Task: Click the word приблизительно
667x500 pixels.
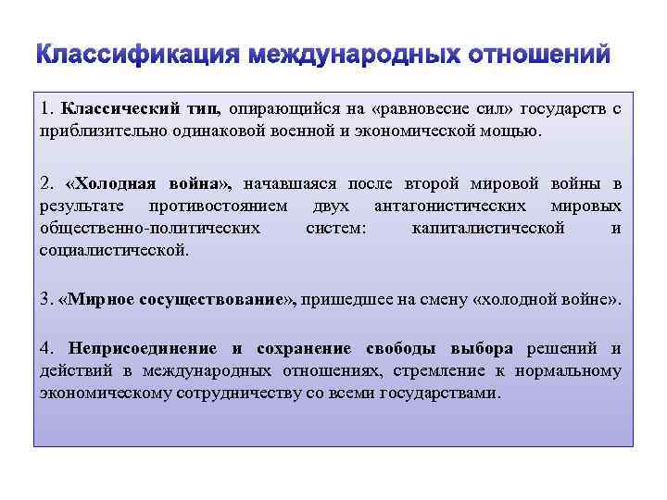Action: click(92, 131)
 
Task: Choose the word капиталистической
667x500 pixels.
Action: click(488, 228)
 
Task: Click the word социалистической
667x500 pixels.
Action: click(114, 249)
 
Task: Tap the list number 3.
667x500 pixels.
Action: click(45, 300)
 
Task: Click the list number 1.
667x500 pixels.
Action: click(45, 109)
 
